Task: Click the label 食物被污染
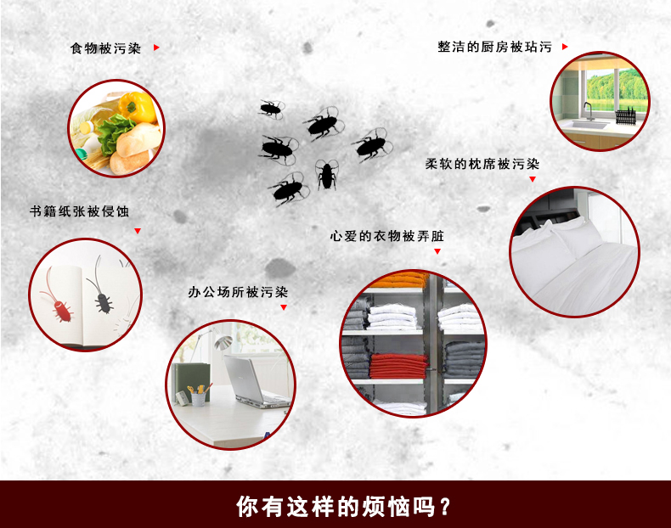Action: pos(104,48)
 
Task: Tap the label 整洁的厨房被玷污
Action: pos(494,48)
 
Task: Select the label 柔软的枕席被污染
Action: pos(482,164)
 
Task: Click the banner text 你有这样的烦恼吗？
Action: pos(344,507)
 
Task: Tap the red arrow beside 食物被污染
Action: pos(156,48)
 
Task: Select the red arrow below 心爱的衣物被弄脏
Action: pos(438,251)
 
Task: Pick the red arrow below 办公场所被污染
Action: pos(284,306)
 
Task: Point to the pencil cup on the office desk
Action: pos(198,395)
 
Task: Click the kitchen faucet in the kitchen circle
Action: pos(587,111)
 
